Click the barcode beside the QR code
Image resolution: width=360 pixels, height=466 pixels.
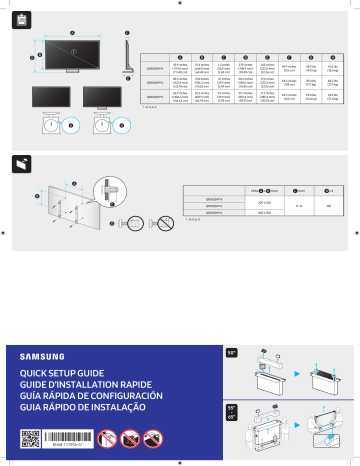click(78, 437)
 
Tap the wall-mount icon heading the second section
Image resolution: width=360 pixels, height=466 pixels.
click(22, 163)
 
